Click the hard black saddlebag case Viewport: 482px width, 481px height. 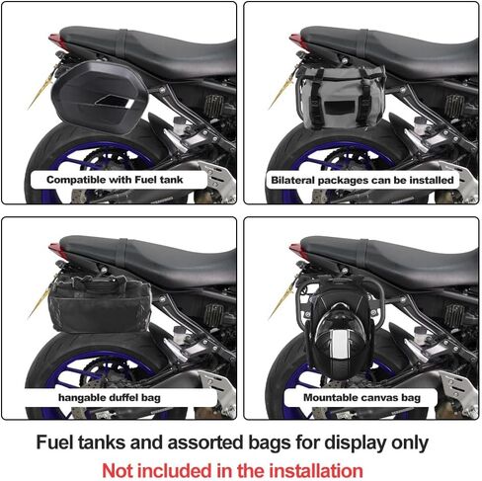point(100,97)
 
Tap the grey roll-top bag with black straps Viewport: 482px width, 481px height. point(341,97)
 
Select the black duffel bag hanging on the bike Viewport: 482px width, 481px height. point(100,303)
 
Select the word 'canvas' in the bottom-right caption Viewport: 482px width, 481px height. point(379,397)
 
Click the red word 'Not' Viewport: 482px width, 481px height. point(117,470)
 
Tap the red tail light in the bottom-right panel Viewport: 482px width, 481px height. point(296,250)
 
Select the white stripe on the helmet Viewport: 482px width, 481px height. point(339,344)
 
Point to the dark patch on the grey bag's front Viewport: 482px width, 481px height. point(339,108)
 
